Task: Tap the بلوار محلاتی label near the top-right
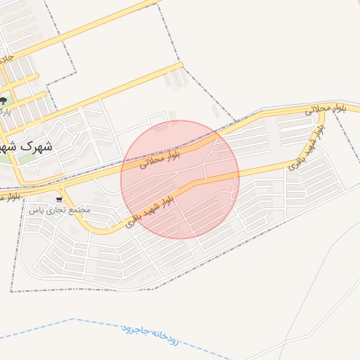[327, 108]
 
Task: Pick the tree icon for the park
[4, 101]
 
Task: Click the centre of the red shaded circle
[180, 179]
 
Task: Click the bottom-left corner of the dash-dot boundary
[12, 290]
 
